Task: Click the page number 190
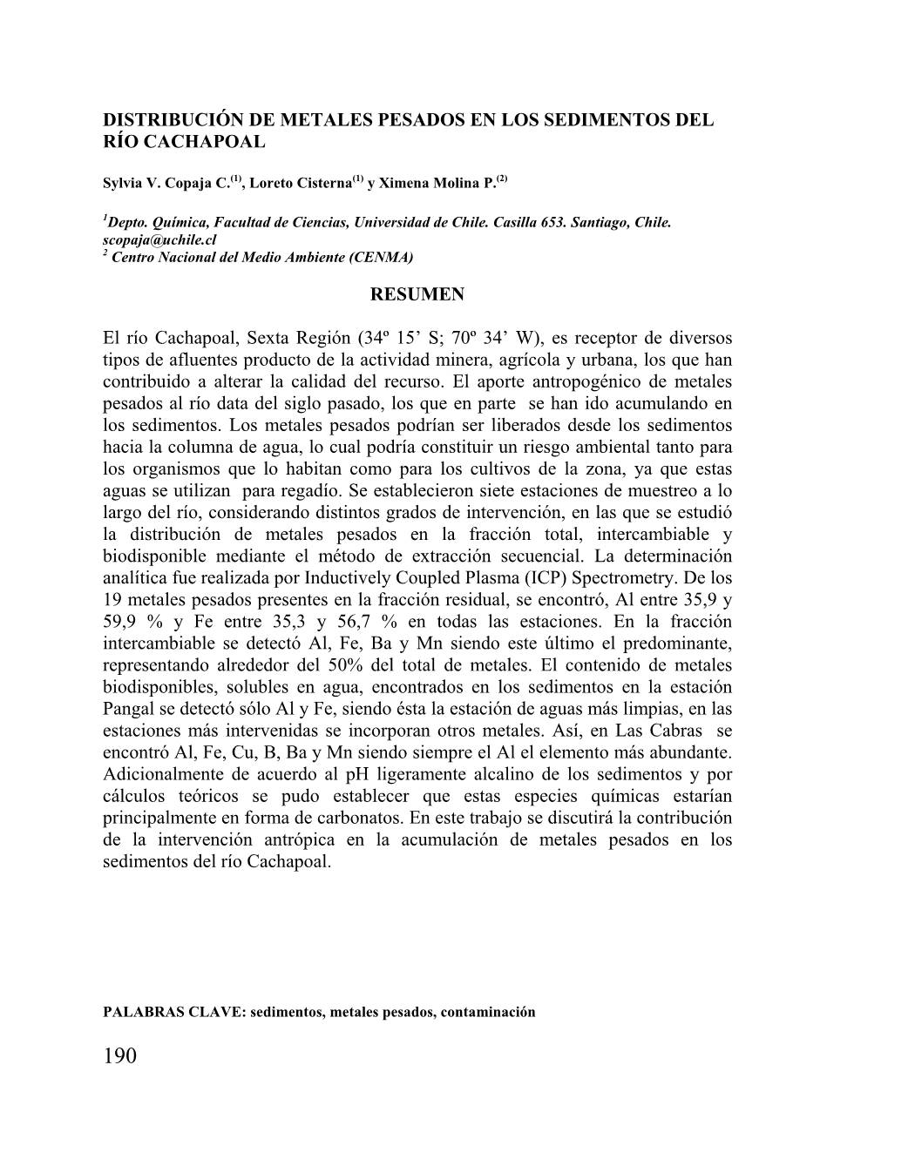119,1056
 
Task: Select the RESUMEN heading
417,294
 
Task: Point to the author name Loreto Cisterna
301,184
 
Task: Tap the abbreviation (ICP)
545,578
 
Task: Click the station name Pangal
130,709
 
